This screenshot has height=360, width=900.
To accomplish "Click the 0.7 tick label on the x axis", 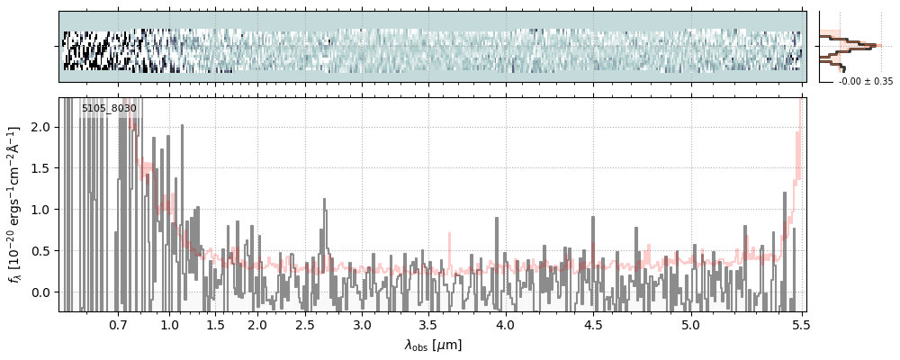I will coord(118,324).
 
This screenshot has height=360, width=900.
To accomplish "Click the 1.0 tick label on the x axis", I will coord(170,324).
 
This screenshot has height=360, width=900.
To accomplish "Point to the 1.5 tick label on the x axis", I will coord(216,324).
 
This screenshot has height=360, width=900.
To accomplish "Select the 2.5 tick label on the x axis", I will coord(305,324).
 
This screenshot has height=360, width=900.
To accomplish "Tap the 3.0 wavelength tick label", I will coord(362,324).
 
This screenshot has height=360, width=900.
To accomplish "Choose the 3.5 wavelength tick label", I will coord(434,324).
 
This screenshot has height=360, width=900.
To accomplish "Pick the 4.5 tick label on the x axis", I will coord(593,324).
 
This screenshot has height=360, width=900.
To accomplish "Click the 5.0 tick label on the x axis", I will coord(690,324).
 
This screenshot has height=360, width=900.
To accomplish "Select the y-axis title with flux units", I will coord(15,204).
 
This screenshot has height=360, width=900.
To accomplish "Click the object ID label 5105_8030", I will coord(109,109).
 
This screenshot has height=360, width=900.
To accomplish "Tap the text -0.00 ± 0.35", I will coord(865,82).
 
